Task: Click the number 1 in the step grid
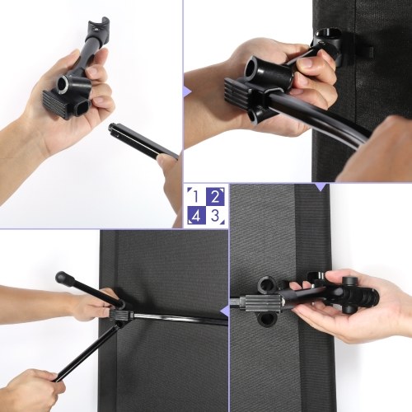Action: (x=195, y=197)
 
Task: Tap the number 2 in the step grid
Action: (x=215, y=197)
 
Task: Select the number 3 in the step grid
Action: (x=215, y=216)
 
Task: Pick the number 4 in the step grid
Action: (x=195, y=217)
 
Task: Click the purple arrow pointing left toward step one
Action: (x=187, y=91)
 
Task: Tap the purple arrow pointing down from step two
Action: (x=321, y=187)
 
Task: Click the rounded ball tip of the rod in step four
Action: (x=62, y=278)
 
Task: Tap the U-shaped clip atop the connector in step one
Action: (x=97, y=26)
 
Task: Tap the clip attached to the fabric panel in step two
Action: (x=329, y=47)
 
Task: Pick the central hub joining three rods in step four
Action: (x=121, y=316)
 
